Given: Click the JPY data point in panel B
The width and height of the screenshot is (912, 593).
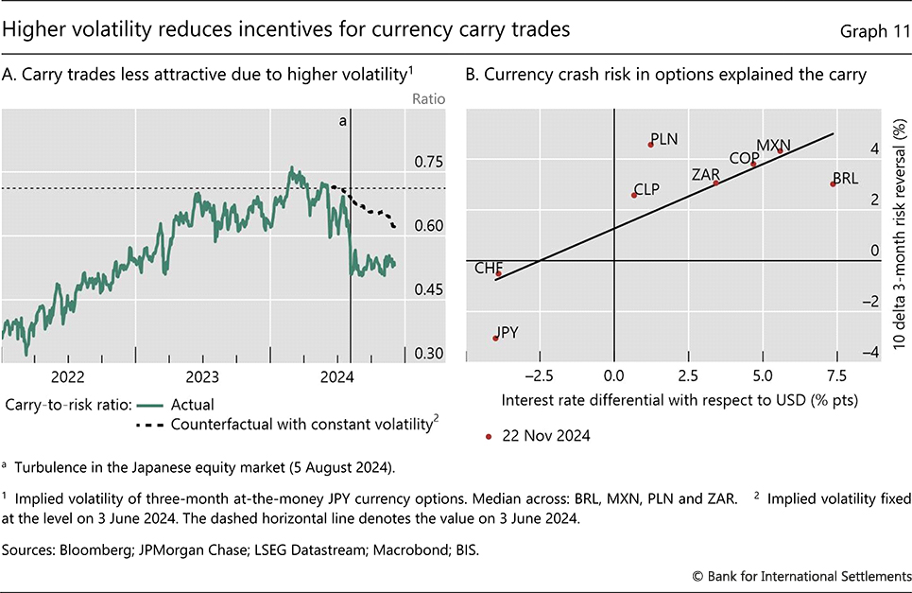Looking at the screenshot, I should point(495,339).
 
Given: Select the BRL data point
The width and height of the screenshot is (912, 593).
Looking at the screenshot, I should point(833,183).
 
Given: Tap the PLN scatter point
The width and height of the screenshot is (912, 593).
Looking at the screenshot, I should point(651,145).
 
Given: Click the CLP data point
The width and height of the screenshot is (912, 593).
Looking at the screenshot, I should point(634,195).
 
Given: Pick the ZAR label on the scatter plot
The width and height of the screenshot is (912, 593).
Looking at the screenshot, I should point(706,174).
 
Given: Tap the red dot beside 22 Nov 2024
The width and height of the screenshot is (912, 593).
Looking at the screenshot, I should point(488,436).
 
